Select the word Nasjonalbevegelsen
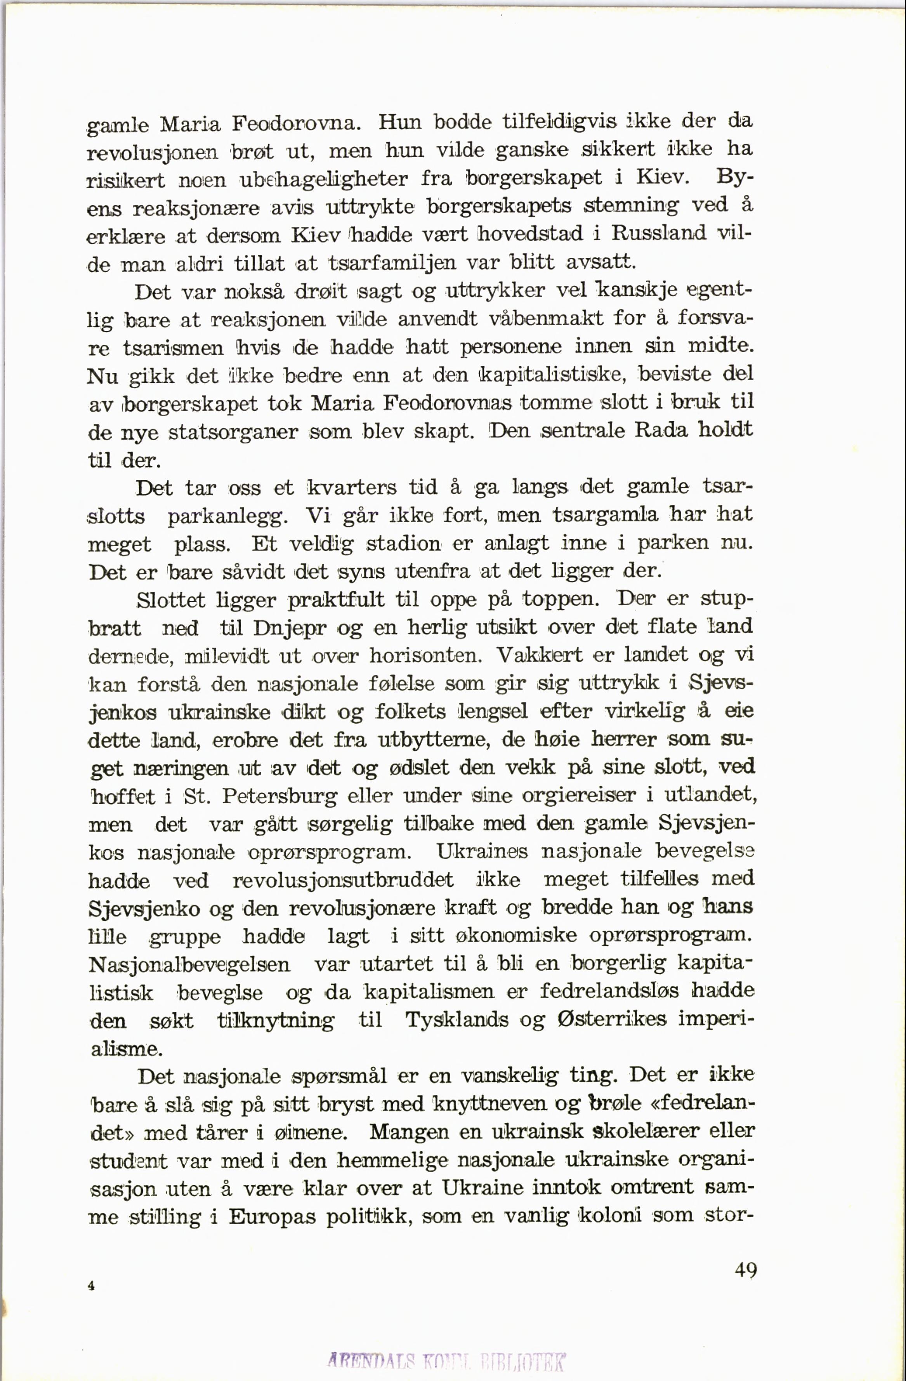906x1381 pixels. tap(189, 964)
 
